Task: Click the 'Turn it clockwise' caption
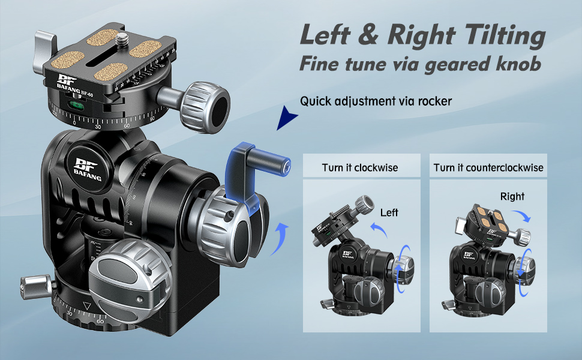359,167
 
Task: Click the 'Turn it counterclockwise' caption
488,167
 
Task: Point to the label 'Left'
389,212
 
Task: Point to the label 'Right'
512,196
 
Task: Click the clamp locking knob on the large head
206,100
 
